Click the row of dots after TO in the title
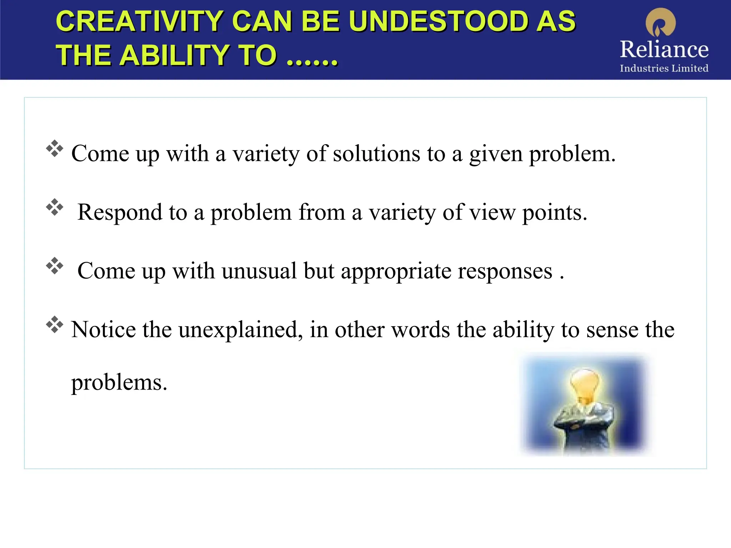click(312, 61)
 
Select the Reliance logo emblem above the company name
click(661, 22)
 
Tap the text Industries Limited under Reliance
click(664, 68)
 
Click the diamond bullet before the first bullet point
click(55, 148)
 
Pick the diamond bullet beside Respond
click(55, 207)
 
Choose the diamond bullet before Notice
click(55, 324)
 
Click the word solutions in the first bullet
click(377, 154)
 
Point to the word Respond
click(120, 213)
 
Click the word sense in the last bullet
click(612, 330)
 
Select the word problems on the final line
click(119, 383)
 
